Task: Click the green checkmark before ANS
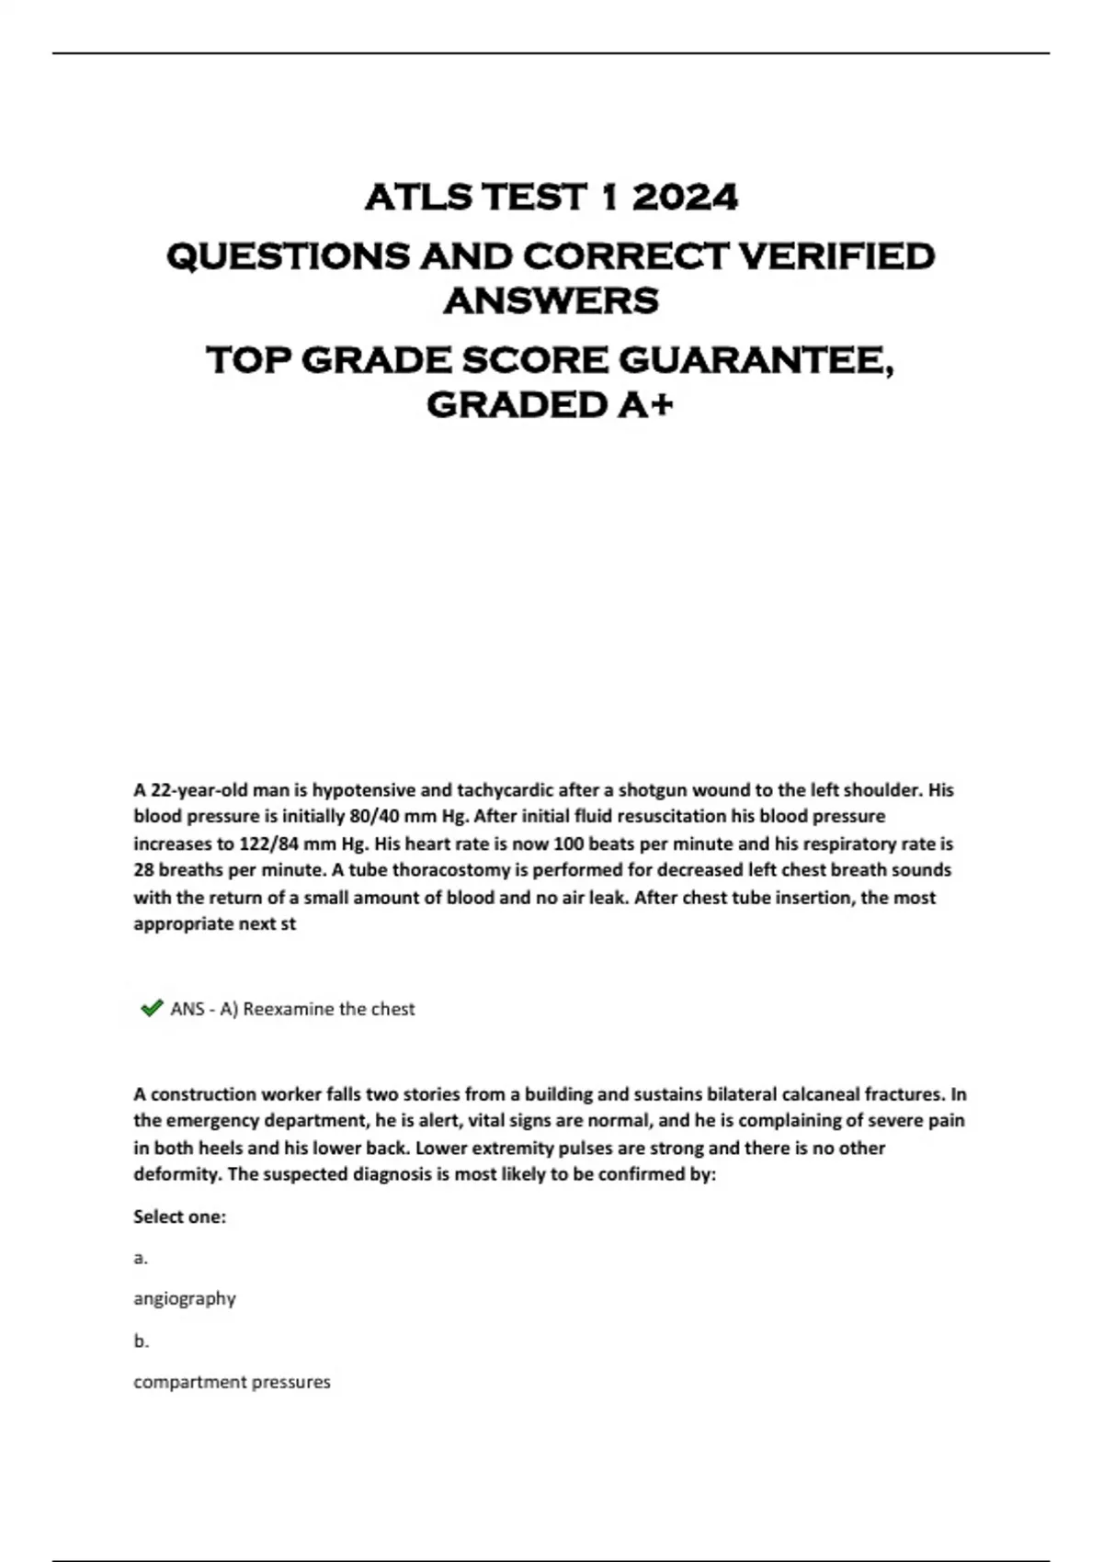coord(151,1009)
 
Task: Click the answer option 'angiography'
coord(185,1298)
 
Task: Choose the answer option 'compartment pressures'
coord(232,1382)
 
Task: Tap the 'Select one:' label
coord(179,1217)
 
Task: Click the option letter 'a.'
coord(141,1258)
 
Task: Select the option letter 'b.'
coord(141,1341)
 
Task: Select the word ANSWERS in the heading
coord(551,300)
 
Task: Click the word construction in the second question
coord(199,1094)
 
